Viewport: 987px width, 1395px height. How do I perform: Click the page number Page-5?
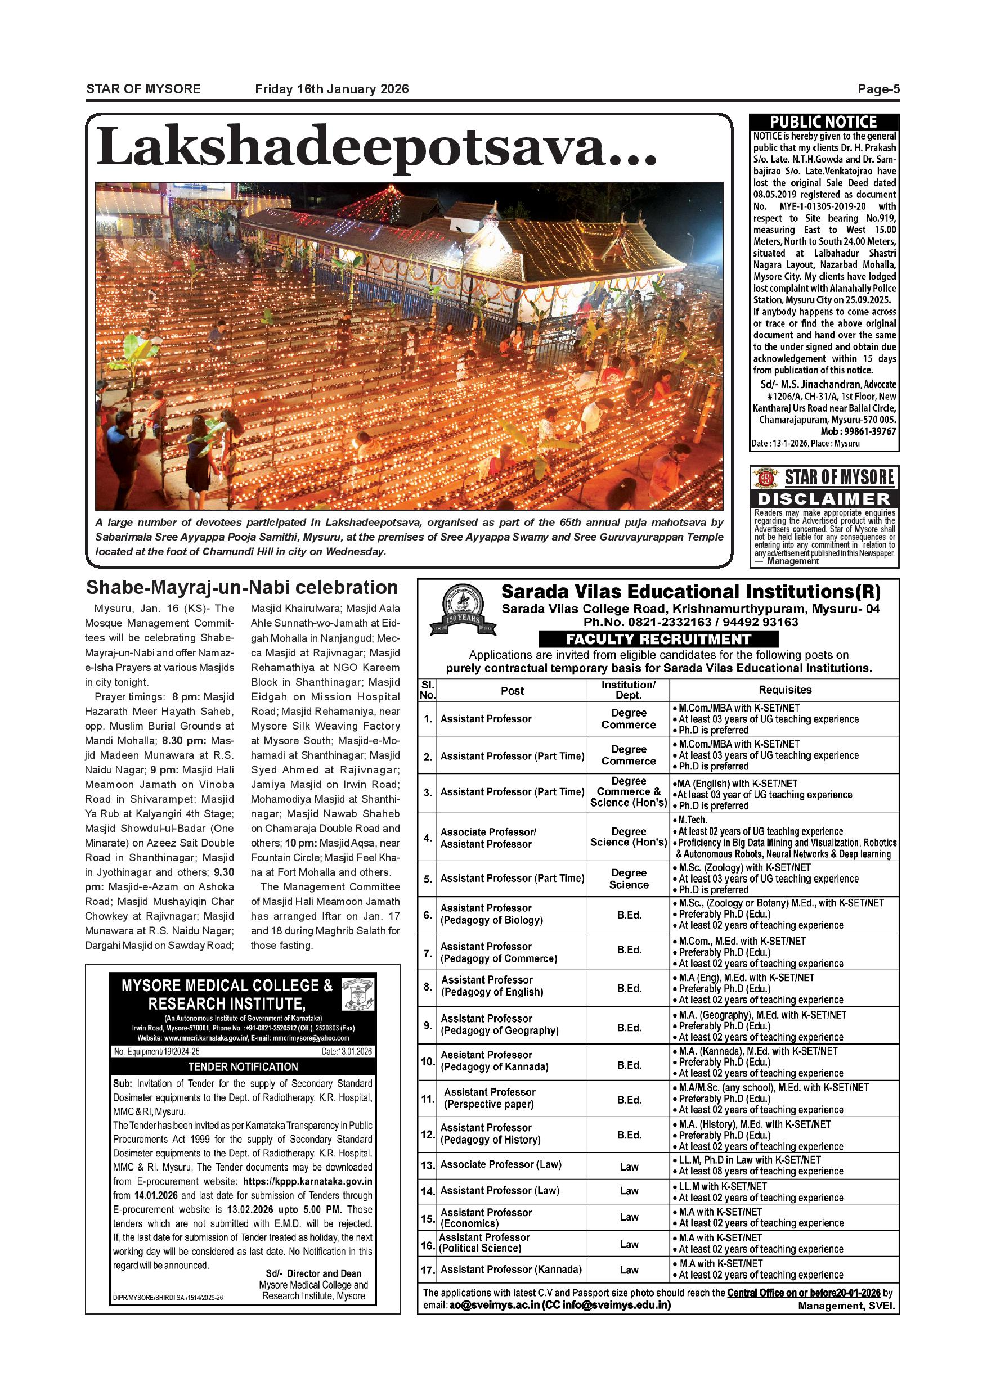pos(878,89)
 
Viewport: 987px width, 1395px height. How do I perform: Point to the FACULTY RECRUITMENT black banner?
pos(658,639)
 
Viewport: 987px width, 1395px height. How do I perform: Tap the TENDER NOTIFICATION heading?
pos(243,1067)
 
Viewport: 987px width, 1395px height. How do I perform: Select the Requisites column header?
pos(784,690)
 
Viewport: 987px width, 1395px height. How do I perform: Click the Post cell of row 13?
pos(501,1165)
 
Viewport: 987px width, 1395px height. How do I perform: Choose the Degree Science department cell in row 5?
pos(629,879)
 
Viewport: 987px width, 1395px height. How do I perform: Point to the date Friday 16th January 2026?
pos(332,89)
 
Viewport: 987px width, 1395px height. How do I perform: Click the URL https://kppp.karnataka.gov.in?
pos(308,1182)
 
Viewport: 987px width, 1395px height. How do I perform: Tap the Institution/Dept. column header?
pos(629,690)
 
